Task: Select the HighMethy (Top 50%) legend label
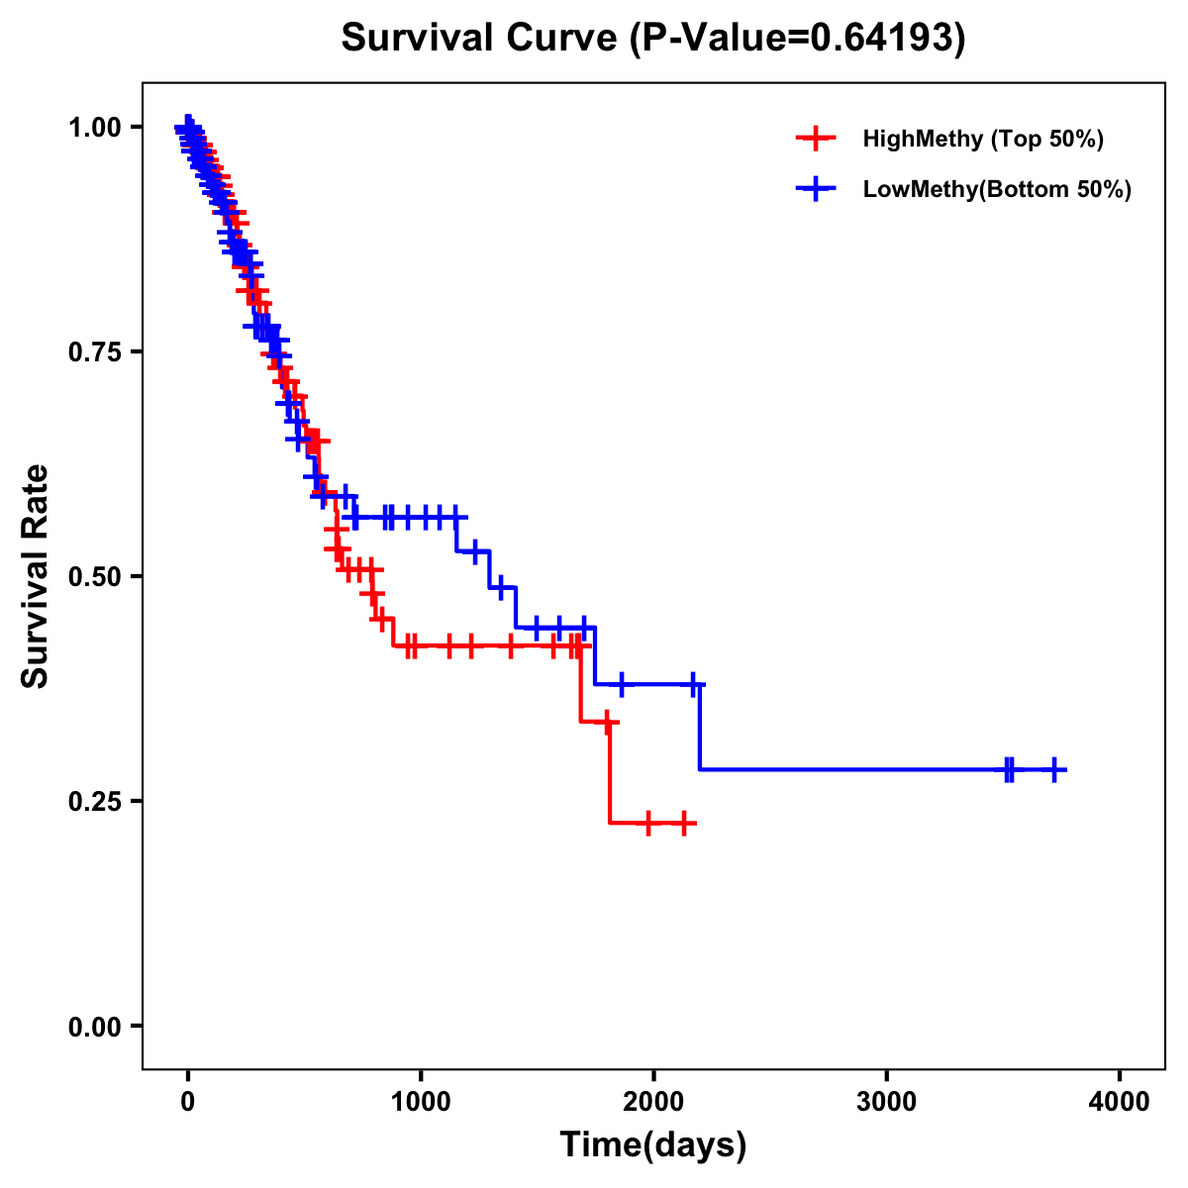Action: (982, 139)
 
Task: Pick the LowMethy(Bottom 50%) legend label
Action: (997, 189)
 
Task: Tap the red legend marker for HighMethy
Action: (815, 139)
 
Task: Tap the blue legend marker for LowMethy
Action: (815, 189)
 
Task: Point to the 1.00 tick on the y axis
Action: (94, 127)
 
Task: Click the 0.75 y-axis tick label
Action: (94, 351)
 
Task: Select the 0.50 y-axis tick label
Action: (94, 576)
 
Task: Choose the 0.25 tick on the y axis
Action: (94, 801)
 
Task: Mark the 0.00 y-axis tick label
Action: (94, 1026)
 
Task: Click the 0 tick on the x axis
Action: (188, 1102)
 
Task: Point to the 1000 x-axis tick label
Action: (421, 1102)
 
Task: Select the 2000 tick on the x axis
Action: (653, 1102)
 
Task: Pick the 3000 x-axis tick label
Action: (886, 1102)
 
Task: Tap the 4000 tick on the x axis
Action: (1120, 1102)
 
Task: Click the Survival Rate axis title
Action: (36, 576)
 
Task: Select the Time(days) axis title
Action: (653, 1145)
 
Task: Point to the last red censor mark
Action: (683, 823)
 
